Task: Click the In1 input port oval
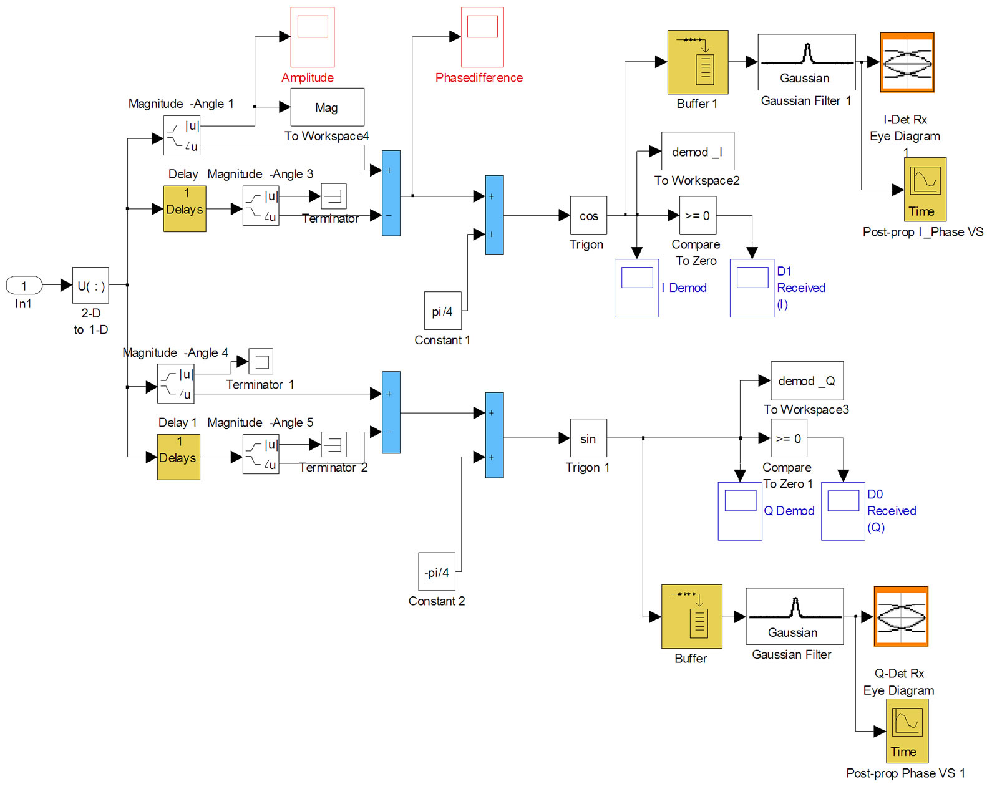tap(24, 286)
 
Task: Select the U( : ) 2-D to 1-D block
tap(90, 286)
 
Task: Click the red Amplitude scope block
tap(313, 37)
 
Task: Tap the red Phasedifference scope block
tap(482, 37)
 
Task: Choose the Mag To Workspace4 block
tap(327, 107)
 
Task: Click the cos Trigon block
tap(588, 216)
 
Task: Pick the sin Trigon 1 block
tap(588, 438)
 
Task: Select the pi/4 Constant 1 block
tap(442, 311)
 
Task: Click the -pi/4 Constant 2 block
tap(436, 571)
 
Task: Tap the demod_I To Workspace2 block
tap(697, 151)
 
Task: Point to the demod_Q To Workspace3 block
tap(807, 380)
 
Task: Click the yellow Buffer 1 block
tap(698, 62)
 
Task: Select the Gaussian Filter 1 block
tap(806, 62)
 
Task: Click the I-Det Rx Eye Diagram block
tap(907, 62)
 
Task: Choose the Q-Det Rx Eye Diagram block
tap(901, 616)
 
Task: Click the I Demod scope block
tap(636, 288)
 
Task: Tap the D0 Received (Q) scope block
tap(843, 511)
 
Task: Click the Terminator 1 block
tap(261, 361)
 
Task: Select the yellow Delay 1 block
tap(178, 457)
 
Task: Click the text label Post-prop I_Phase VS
tap(923, 232)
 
